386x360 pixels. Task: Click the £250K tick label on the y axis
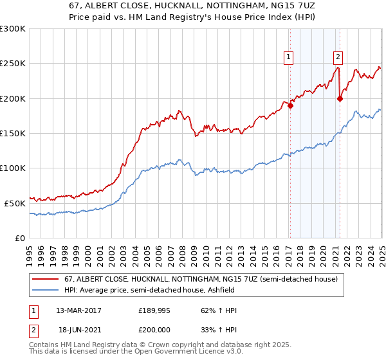coord(13,64)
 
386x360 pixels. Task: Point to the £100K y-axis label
coord(13,168)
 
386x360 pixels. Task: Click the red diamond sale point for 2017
coord(290,106)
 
